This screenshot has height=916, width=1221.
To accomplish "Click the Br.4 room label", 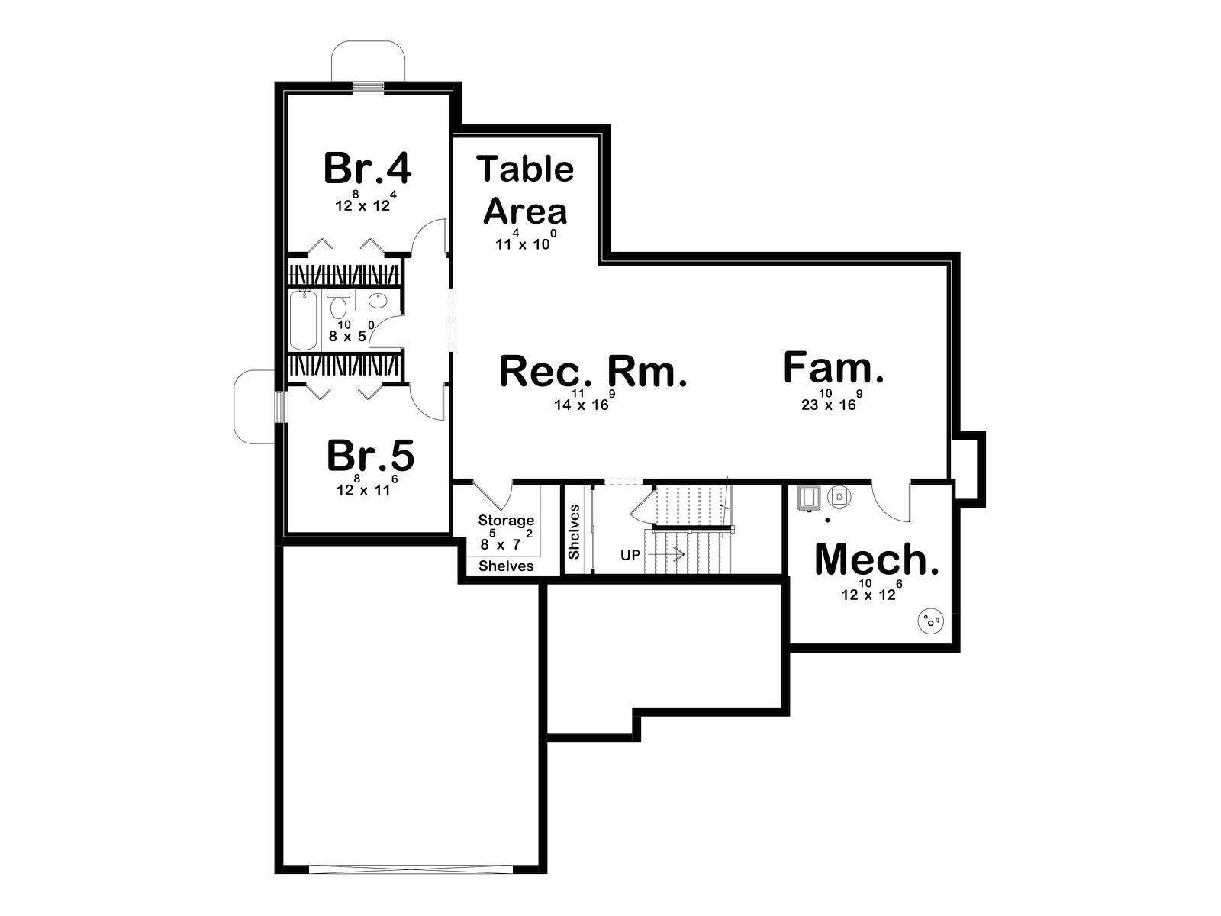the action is (367, 169).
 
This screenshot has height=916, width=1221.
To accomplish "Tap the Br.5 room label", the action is (370, 456).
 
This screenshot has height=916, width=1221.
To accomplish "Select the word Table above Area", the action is (525, 169).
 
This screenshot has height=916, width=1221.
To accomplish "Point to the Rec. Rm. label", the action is (593, 372).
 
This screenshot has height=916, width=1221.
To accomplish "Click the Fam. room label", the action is (833, 367).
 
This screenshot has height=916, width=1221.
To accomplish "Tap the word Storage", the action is (506, 521).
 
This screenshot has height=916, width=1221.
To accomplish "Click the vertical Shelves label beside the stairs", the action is (574, 532).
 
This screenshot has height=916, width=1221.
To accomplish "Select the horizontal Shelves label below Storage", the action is (506, 566).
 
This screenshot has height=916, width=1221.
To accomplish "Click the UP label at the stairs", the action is (630, 555).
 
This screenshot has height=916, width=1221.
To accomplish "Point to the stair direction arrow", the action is (666, 554).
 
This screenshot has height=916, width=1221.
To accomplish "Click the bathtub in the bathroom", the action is (303, 321).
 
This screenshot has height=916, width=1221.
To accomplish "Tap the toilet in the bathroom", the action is (337, 304).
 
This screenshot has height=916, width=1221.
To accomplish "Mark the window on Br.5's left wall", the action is (281, 407).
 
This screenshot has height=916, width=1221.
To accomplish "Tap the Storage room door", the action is (491, 495).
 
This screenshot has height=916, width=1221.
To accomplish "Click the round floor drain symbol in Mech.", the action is (930, 620).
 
